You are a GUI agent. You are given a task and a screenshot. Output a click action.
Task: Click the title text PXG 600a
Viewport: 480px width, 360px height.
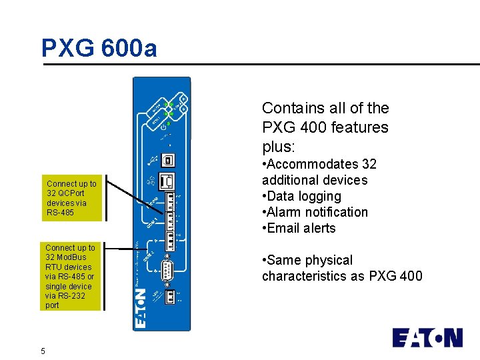click(99, 48)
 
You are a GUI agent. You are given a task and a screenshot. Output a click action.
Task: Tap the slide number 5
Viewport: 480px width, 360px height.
click(43, 351)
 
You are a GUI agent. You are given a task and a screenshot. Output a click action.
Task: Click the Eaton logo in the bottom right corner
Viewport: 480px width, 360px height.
click(427, 337)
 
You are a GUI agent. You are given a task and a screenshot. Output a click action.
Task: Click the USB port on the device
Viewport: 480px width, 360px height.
click(169, 160)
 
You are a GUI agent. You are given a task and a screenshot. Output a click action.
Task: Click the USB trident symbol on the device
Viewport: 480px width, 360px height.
click(151, 160)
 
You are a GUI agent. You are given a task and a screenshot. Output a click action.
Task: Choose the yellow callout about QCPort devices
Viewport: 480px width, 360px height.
click(71, 198)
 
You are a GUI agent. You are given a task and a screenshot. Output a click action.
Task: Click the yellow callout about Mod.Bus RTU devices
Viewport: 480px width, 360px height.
click(71, 276)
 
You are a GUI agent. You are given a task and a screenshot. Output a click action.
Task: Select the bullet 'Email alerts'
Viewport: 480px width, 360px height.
click(301, 228)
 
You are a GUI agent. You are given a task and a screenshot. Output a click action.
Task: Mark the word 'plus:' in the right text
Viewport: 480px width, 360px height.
click(279, 145)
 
